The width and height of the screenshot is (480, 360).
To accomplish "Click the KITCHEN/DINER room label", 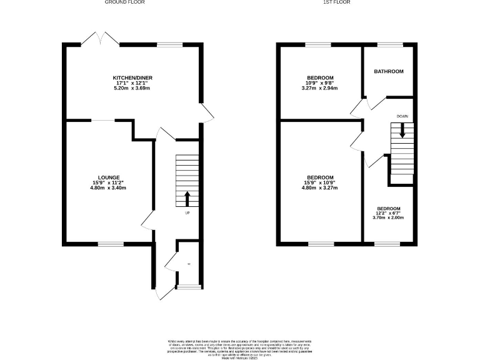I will point(132,77).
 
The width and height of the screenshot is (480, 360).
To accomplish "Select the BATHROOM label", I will point(389,71).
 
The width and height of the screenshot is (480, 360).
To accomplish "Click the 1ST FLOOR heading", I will point(336,2).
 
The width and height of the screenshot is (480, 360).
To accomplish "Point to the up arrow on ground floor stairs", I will point(187,198).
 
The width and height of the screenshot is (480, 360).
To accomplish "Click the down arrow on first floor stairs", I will point(402,130).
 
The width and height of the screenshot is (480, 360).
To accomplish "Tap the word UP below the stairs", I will point(187,214).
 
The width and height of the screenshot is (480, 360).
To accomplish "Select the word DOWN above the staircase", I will point(402,116).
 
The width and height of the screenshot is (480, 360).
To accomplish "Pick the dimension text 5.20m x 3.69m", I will point(132,88).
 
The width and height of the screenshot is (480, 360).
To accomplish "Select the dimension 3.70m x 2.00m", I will point(388,218).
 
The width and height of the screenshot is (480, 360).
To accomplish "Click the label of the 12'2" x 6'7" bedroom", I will point(388,208).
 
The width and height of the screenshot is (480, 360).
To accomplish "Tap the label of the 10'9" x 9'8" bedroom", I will point(319,77).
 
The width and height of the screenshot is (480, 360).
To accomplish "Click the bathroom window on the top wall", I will point(389,44).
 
